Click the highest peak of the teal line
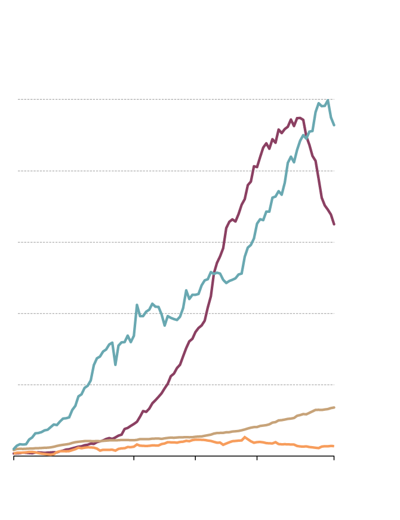click(x=328, y=100)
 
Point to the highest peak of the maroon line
click(x=300, y=117)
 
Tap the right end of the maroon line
click(x=334, y=224)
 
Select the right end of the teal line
click(x=334, y=125)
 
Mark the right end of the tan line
click(x=334, y=407)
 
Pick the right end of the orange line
click(x=333, y=445)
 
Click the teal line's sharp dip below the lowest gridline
click(x=115, y=364)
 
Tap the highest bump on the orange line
click(x=244, y=437)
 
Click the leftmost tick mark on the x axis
click(x=14, y=458)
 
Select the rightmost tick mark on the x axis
click(x=334, y=458)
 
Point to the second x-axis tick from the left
click(x=134, y=458)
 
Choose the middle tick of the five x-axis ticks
click(x=195, y=458)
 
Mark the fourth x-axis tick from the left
click(x=257, y=458)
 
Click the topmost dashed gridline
click(x=176, y=99)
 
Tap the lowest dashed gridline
click(x=176, y=385)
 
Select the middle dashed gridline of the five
click(x=176, y=242)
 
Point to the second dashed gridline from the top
click(x=176, y=171)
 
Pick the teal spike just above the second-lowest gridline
click(x=137, y=305)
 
